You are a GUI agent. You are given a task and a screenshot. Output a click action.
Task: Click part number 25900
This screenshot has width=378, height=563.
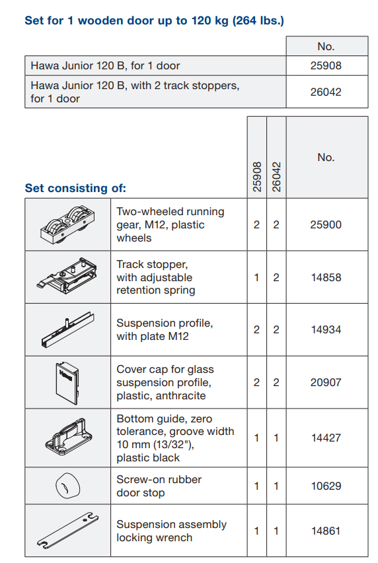tap(326, 225)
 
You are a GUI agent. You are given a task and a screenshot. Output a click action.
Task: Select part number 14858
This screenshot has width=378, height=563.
tap(326, 278)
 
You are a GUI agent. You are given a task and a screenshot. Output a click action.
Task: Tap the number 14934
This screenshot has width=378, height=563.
tap(326, 329)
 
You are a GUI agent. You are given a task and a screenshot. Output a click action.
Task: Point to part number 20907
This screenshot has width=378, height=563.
tap(326, 382)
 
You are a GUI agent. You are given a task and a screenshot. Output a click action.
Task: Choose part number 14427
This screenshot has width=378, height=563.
tap(326, 438)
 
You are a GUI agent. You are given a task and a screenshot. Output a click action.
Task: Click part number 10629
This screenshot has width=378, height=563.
tap(326, 486)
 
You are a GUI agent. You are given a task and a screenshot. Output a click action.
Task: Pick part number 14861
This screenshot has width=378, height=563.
tap(326, 531)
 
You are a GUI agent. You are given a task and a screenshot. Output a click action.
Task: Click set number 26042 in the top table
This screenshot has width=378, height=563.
tap(326, 92)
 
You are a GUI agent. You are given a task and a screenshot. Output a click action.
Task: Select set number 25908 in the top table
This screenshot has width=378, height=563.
tap(326, 66)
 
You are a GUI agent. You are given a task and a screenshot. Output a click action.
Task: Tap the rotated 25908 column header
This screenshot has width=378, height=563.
tap(257, 177)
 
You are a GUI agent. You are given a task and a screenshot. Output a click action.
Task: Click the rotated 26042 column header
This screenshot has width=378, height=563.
tap(276, 177)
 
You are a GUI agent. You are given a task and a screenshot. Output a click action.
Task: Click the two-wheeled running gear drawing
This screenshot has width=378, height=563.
tap(67, 225)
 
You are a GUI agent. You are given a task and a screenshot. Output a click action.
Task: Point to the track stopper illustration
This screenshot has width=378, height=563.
tap(67, 275)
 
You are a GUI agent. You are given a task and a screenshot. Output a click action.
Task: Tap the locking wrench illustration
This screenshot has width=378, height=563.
tap(67, 530)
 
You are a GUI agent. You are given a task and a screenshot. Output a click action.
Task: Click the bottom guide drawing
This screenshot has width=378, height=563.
tap(69, 437)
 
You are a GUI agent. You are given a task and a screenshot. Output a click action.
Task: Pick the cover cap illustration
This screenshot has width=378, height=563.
tap(67, 383)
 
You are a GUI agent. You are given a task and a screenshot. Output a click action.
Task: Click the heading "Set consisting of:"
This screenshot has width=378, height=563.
tap(75, 188)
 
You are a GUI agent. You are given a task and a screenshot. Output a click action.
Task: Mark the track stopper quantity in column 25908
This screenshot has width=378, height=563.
tap(256, 278)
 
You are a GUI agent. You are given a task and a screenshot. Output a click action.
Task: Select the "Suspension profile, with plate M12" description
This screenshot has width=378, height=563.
tap(165, 329)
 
